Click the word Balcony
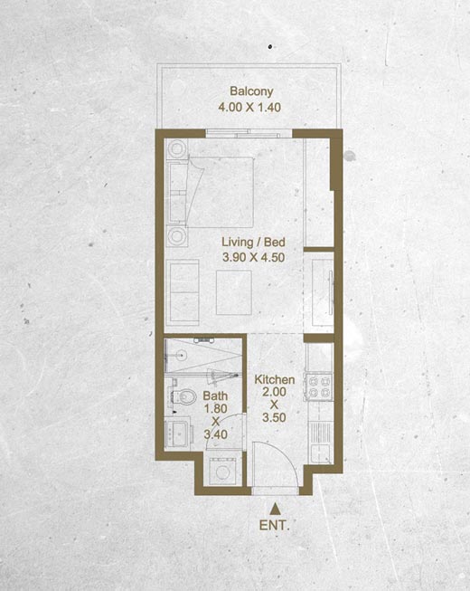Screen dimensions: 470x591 251,91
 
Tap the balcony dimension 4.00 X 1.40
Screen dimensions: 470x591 249,108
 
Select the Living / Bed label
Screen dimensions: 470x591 253,242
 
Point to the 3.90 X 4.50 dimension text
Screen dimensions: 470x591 253,257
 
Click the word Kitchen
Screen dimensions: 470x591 275,379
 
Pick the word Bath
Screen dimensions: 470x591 215,396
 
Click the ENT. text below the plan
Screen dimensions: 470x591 275,526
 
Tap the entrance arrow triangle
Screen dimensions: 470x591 276,509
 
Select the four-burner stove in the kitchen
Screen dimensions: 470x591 319,387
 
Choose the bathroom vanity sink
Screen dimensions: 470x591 178,433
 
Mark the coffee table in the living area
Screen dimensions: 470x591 234,292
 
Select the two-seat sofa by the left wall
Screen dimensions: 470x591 183,292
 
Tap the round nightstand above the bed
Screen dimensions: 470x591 176,148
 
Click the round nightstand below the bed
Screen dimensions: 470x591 176,236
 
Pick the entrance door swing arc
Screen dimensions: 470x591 286,453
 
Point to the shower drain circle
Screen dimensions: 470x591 183,355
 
